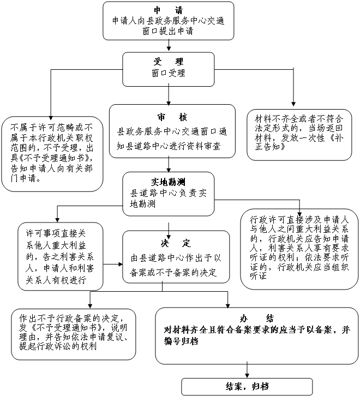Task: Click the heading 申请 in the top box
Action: pyautogui.click(x=169, y=10)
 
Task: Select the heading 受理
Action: pyautogui.click(x=169, y=61)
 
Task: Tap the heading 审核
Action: pyautogui.click(x=172, y=117)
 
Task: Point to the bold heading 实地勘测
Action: pyautogui.click(x=168, y=182)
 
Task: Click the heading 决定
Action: pyautogui.click(x=176, y=243)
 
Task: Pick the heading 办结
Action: pyautogui.click(x=257, y=318)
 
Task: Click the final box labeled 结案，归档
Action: pyautogui.click(x=247, y=387)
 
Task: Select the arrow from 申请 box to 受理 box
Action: pyautogui.click(x=169, y=45)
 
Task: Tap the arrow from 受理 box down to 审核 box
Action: pyautogui.click(x=169, y=95)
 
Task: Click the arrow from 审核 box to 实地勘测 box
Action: pyautogui.click(x=169, y=165)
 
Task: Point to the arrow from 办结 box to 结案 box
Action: pyautogui.click(x=247, y=370)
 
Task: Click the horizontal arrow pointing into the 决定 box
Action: pyautogui.click(x=113, y=264)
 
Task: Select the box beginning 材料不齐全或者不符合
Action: pyautogui.click(x=299, y=135)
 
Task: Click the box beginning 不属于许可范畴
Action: pyautogui.click(x=52, y=154)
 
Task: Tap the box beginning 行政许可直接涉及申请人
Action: pyautogui.click(x=299, y=249)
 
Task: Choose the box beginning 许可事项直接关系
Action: pyautogui.click(x=60, y=256)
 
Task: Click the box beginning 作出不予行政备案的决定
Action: pyautogui.click(x=74, y=334)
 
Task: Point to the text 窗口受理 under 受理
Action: pyautogui.click(x=169, y=73)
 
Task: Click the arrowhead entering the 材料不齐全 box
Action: pyautogui.click(x=293, y=104)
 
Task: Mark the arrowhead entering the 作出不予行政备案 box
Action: pyautogui.click(x=90, y=305)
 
